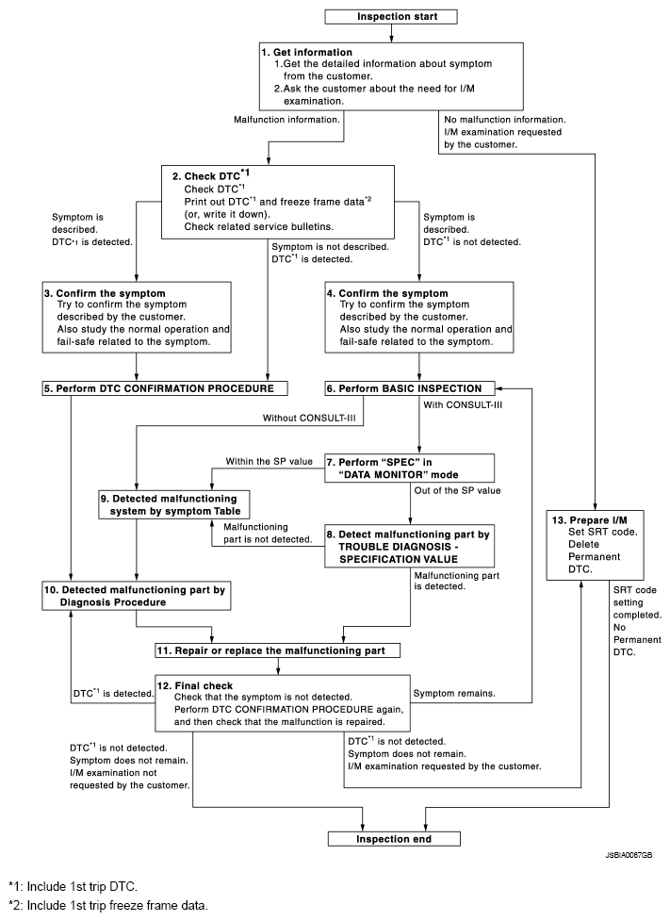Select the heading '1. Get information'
307,51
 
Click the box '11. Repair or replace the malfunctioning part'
276,650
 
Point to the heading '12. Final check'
203,685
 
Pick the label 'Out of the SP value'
456,490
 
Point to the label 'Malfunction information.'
287,120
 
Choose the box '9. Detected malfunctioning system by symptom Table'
175,503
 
